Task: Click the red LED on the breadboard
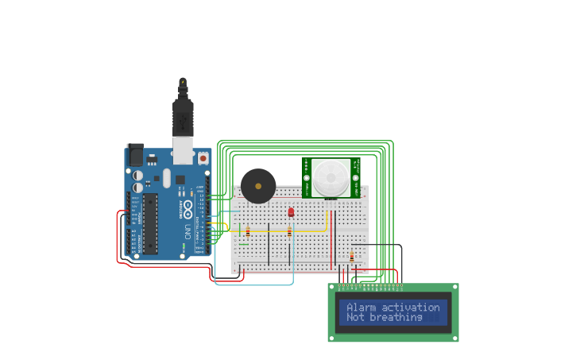point(291,212)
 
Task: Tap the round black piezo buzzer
point(258,186)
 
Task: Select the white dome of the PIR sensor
point(329,177)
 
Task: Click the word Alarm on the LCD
point(361,308)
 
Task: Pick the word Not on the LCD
point(355,318)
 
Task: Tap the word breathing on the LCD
point(396,318)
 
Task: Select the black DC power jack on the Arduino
point(135,153)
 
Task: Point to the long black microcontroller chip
point(150,223)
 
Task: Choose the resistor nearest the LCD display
point(352,256)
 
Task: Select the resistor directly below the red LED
point(289,232)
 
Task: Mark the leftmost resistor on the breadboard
point(248,232)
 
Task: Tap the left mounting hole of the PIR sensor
point(307,191)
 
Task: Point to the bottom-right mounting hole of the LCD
point(454,338)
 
